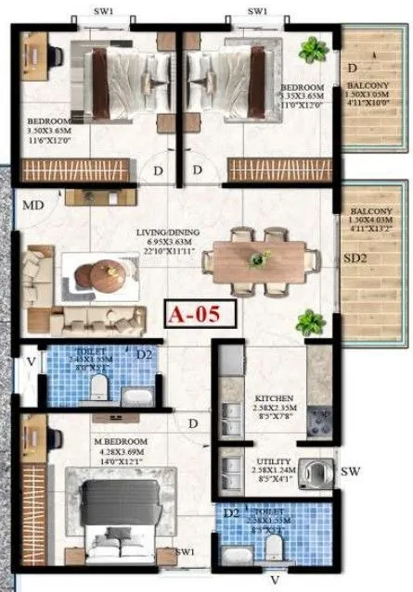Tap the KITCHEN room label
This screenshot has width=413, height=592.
275,399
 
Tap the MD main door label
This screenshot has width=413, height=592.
32,204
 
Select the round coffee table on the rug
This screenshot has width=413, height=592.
97,272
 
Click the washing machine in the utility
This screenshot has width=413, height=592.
321,469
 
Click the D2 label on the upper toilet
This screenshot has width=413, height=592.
143,353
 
